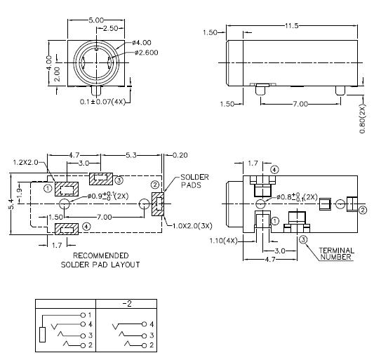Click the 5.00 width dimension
coord(95,21)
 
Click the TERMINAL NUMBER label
coord(338,253)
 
